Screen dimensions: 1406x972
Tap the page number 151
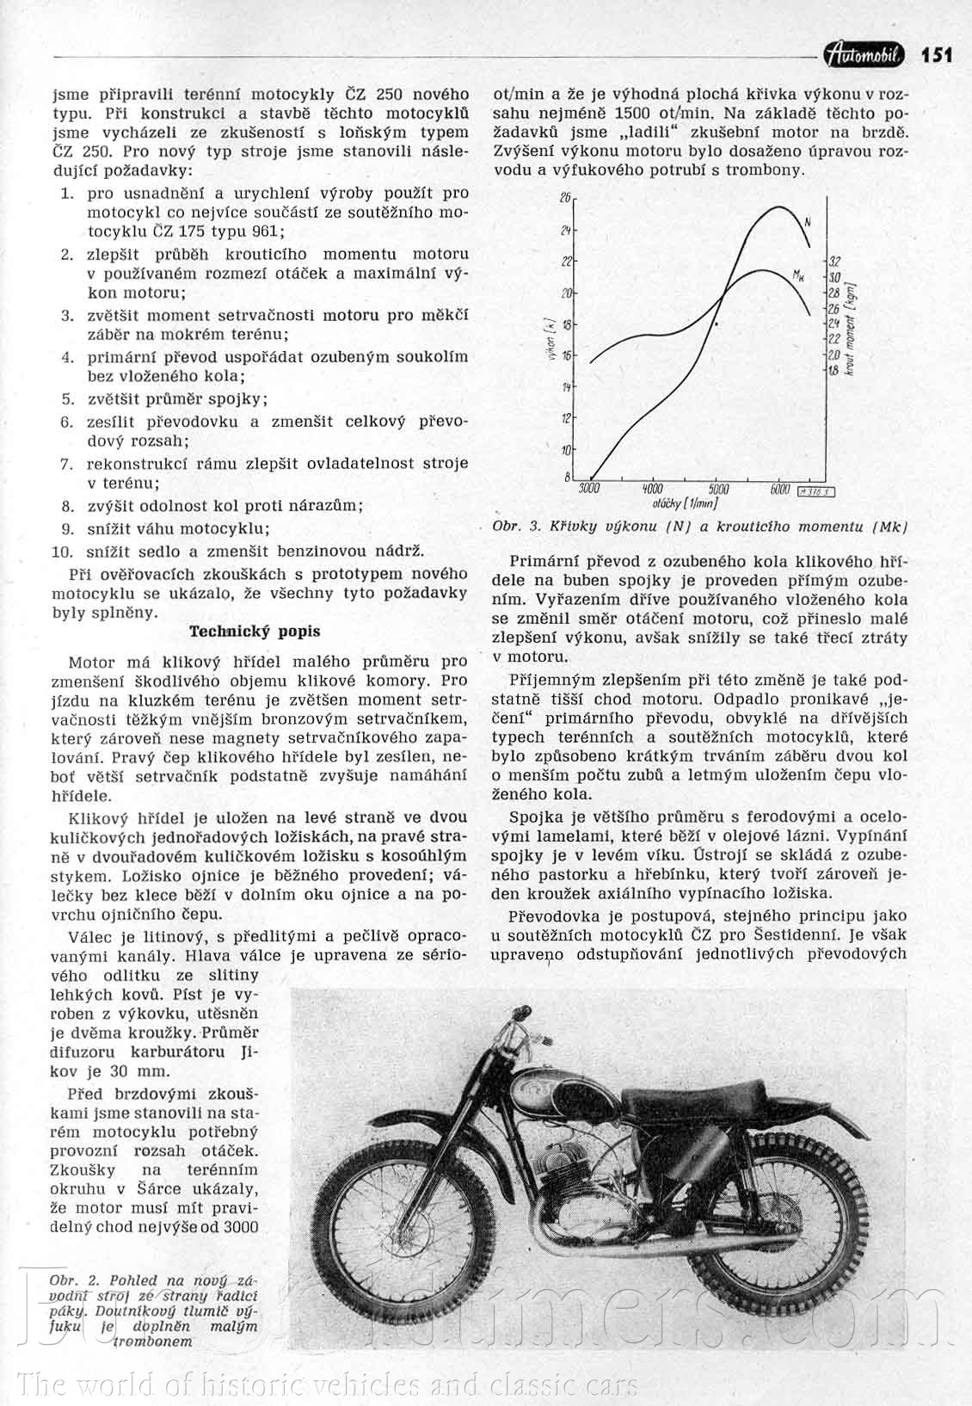937,55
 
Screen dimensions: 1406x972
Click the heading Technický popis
255,631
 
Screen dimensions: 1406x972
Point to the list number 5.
68,399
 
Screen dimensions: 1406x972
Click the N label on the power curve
809,221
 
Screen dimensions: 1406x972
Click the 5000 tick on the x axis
718,488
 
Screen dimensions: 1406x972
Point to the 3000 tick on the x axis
589,488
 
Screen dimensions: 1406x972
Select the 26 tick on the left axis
565,198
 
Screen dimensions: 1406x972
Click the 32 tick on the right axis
834,262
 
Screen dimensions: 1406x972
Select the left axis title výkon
548,339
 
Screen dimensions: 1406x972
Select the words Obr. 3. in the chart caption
515,527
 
